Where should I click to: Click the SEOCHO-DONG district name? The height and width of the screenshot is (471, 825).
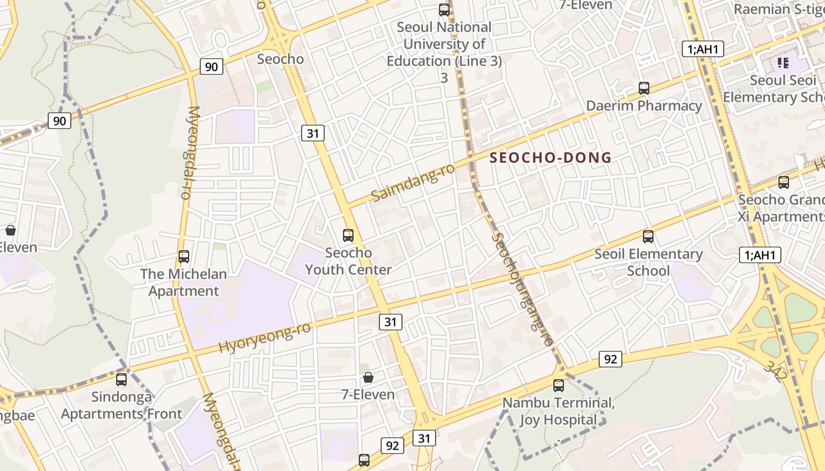[550, 158]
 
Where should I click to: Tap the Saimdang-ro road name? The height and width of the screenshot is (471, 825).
[413, 182]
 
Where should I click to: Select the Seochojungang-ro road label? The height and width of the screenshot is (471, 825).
[523, 290]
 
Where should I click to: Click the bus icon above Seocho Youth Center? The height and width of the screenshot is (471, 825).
[348, 235]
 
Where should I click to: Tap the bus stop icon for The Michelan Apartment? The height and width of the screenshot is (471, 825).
[184, 257]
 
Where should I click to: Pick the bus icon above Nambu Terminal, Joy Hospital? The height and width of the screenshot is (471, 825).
[558, 386]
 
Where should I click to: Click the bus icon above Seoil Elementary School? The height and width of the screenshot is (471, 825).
[648, 237]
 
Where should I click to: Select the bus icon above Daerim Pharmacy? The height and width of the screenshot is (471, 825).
[644, 88]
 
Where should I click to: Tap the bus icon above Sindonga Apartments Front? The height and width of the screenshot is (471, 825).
[121, 380]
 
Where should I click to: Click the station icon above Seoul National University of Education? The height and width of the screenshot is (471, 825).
[444, 10]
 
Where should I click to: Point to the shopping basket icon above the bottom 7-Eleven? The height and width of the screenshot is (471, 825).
[368, 377]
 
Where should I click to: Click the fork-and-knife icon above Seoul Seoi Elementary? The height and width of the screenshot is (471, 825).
[783, 62]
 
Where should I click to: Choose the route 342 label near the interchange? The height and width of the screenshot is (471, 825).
[775, 371]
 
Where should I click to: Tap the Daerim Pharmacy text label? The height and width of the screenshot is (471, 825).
[644, 106]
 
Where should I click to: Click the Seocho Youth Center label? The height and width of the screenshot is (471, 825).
[348, 261]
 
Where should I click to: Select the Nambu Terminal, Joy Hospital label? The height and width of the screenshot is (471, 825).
[558, 412]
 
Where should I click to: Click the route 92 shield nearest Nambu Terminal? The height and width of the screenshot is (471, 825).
[610, 359]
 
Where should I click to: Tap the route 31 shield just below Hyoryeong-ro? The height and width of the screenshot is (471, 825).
[390, 321]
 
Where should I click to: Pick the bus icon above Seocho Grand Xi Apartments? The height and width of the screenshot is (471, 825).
[784, 183]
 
